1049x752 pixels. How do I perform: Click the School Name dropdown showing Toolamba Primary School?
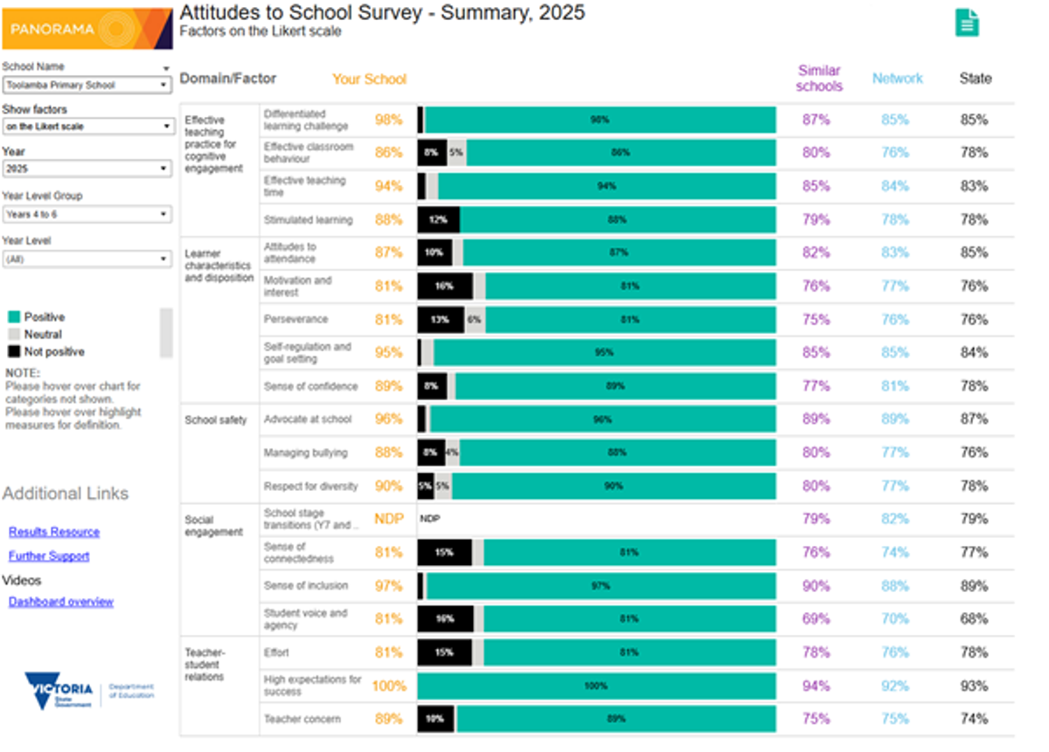pyautogui.click(x=87, y=85)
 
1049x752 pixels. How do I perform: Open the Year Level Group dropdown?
pyautogui.click(x=87, y=214)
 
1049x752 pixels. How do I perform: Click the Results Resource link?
pyautogui.click(x=54, y=532)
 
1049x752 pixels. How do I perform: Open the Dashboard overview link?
pyautogui.click(x=61, y=602)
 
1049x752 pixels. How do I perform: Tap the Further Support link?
pyautogui.click(x=49, y=556)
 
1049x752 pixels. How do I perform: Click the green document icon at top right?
pyautogui.click(x=967, y=23)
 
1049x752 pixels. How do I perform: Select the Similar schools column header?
pyautogui.click(x=819, y=79)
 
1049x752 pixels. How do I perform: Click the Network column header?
pyautogui.click(x=897, y=79)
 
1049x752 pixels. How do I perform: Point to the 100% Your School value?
pyautogui.click(x=389, y=686)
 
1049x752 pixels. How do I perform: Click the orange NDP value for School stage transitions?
pyautogui.click(x=389, y=519)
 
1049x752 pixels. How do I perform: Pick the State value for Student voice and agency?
pyautogui.click(x=974, y=619)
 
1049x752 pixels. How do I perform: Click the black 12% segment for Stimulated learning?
pyautogui.click(x=438, y=220)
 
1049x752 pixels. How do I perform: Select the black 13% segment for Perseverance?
pyautogui.click(x=441, y=320)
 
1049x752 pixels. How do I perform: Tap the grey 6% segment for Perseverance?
pyautogui.click(x=475, y=320)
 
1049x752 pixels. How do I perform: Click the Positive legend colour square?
pyautogui.click(x=13, y=317)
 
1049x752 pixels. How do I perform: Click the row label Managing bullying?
pyautogui.click(x=305, y=453)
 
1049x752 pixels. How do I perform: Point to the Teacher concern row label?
pyautogui.click(x=302, y=720)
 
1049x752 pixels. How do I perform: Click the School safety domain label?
pyautogui.click(x=216, y=420)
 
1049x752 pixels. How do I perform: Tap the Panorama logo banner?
pyautogui.click(x=87, y=29)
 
